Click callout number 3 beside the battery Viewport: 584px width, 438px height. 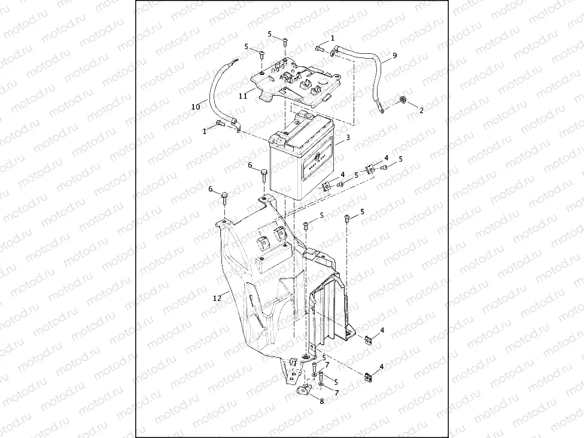[348, 138]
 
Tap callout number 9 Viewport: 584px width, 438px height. [395, 56]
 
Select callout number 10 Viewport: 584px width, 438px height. [195, 107]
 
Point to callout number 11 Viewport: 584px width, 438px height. [243, 95]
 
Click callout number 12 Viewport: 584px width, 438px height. [218, 296]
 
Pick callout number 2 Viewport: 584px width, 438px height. [421, 111]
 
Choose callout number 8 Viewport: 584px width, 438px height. [321, 401]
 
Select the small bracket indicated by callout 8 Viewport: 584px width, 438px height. [304, 391]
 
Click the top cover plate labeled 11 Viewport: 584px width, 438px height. [296, 81]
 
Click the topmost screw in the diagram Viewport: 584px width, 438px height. [285, 42]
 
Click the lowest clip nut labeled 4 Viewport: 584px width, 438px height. [367, 378]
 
